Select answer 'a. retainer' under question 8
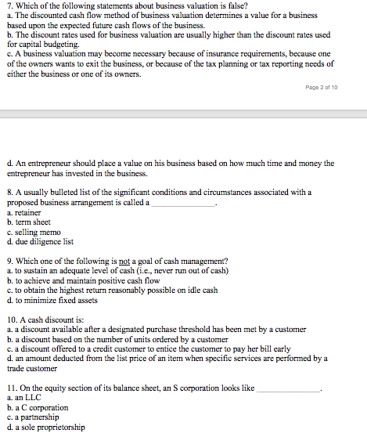coord(24,212)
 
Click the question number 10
coord(10,320)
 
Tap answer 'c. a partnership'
coord(34,417)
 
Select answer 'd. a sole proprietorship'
coord(45,428)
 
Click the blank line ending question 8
coord(182,202)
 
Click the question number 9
coord(9,261)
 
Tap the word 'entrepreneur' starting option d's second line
coord(31,173)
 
